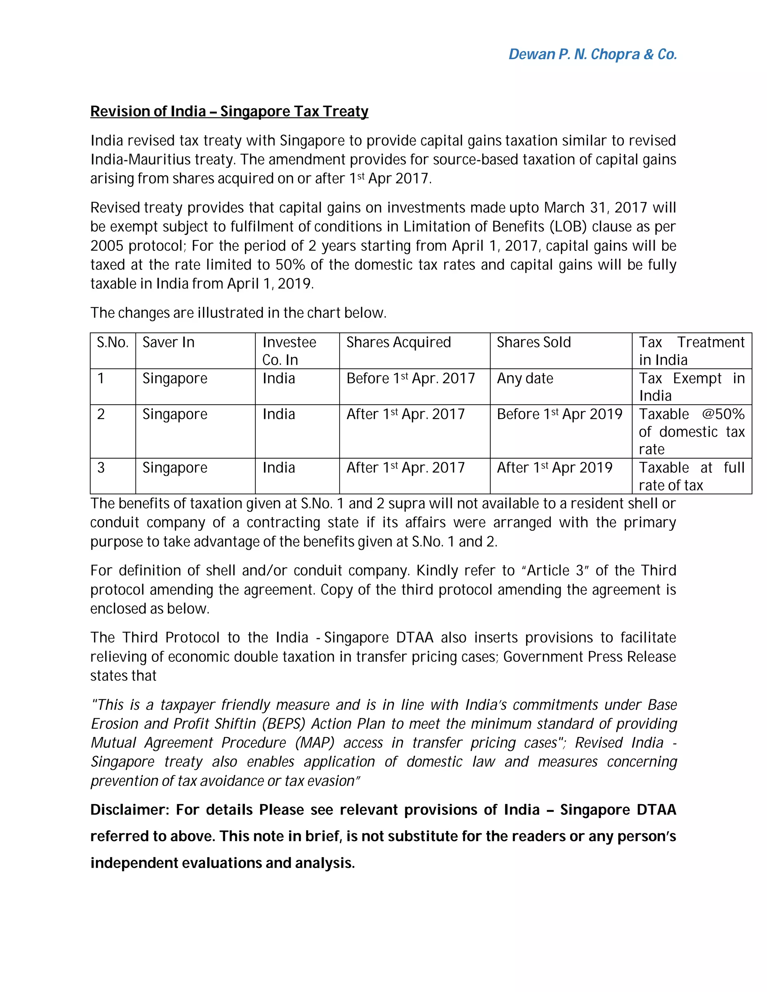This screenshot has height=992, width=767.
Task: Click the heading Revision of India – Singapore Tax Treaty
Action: click(229, 111)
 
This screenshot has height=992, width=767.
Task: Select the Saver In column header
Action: click(168, 342)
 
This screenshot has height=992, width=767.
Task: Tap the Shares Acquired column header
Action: click(398, 342)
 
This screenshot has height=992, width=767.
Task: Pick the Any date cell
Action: click(525, 378)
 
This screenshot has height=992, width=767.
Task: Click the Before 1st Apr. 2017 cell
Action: click(410, 378)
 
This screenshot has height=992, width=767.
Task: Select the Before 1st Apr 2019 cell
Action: click(560, 414)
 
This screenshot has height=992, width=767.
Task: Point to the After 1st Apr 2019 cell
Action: click(554, 468)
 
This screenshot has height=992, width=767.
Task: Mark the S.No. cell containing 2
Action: click(101, 414)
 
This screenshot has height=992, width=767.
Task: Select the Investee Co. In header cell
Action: click(289, 351)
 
